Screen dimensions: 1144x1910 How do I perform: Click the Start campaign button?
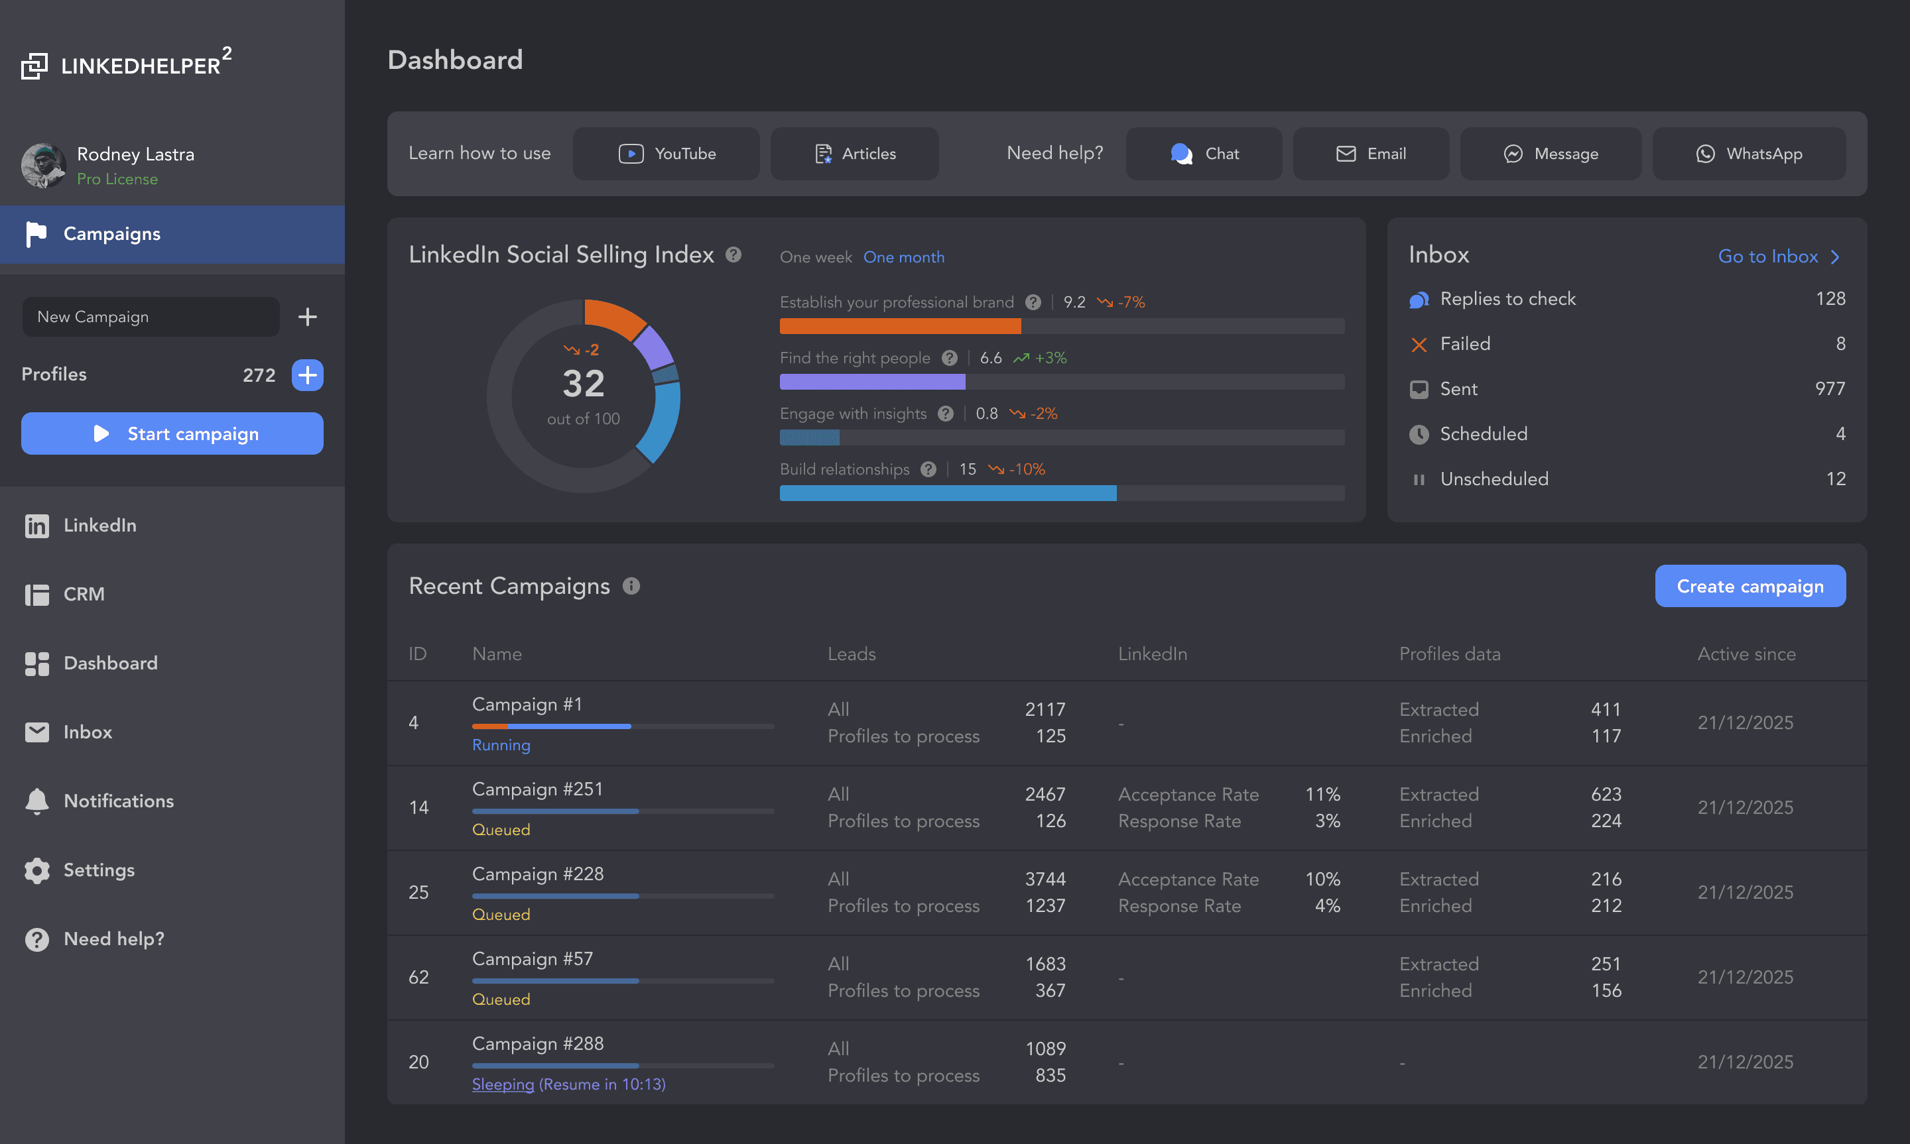(172, 434)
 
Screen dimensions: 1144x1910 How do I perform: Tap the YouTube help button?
(667, 153)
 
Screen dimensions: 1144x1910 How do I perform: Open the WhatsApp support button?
(1748, 153)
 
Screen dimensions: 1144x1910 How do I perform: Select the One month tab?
(903, 257)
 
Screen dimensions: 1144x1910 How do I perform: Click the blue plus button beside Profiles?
(307, 375)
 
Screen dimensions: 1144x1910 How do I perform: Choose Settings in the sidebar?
(99, 870)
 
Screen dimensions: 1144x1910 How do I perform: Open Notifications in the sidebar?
(118, 801)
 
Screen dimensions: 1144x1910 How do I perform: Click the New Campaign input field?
(151, 317)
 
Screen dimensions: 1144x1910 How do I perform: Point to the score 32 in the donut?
(583, 384)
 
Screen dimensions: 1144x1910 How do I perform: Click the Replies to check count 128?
(1829, 298)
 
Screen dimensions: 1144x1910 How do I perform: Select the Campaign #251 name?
(537, 789)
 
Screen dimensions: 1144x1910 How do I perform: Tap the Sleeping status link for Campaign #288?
(503, 1084)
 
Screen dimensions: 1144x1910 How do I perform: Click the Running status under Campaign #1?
(501, 745)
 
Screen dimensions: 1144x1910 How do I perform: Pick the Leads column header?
(852, 654)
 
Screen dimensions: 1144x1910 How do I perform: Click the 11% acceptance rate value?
(1322, 794)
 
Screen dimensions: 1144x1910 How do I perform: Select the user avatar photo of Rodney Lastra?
(43, 166)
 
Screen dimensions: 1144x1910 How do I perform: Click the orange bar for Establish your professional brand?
(900, 326)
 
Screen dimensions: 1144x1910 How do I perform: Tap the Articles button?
(854, 153)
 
